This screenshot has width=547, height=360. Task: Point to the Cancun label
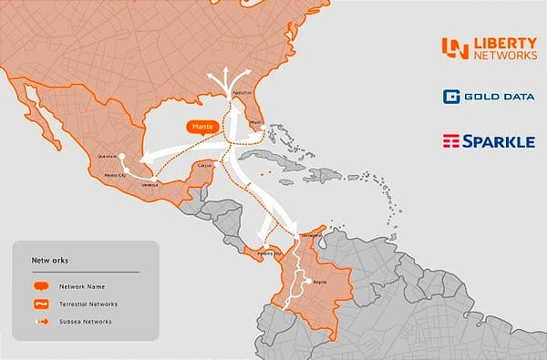[205, 165]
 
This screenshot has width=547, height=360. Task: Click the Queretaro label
[108, 156]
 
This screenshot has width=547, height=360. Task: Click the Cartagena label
[311, 232]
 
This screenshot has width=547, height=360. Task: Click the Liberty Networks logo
[488, 48]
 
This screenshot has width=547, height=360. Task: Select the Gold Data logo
[488, 97]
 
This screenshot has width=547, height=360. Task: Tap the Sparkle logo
[488, 141]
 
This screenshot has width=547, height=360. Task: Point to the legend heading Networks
[46, 259]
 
